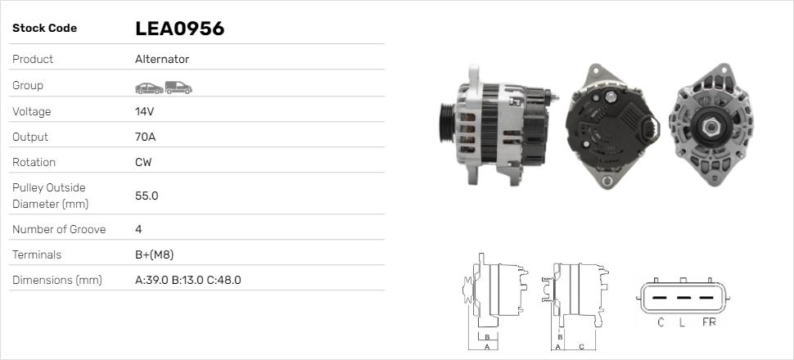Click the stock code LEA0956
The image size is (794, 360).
tap(179, 29)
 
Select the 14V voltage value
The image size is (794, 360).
tap(144, 111)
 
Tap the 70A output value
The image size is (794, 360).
tap(146, 137)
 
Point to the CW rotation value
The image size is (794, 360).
tap(143, 162)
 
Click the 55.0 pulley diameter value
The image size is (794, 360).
tap(147, 196)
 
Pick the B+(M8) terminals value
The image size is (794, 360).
tap(155, 254)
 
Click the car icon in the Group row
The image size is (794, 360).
tap(149, 88)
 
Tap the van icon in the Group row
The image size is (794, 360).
tap(178, 88)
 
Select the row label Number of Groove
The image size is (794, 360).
tap(59, 229)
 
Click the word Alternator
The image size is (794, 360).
tap(162, 59)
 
